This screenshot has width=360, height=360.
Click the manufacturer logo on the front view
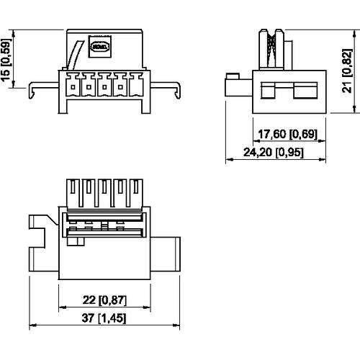[x=97, y=48]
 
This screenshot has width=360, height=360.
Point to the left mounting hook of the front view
[x=34, y=89]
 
